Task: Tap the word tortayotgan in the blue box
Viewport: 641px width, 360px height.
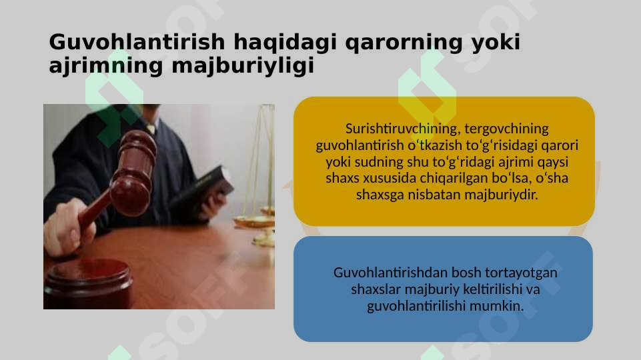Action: pyautogui.click(x=524, y=273)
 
